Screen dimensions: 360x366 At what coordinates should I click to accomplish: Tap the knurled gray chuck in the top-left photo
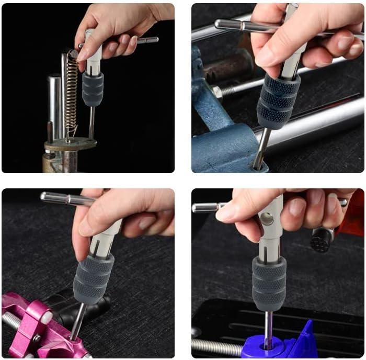[x=93, y=89]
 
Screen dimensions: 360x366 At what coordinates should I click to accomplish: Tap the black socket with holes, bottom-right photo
[x=322, y=239]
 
